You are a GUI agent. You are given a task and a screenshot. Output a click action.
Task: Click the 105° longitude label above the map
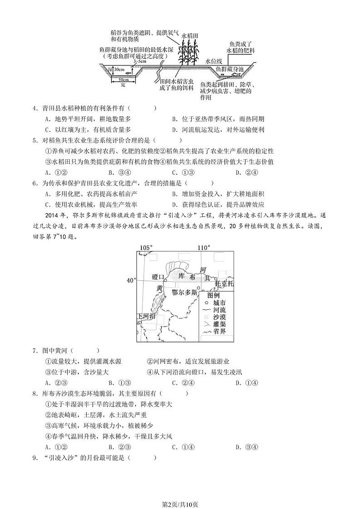pyautogui.click(x=146, y=248)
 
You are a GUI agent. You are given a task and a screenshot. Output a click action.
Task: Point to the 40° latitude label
pyautogui.click(x=131, y=281)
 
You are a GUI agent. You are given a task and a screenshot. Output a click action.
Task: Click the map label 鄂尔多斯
pyautogui.click(x=185, y=293)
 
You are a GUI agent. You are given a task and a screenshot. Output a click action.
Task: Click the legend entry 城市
pyautogui.click(x=219, y=303)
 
